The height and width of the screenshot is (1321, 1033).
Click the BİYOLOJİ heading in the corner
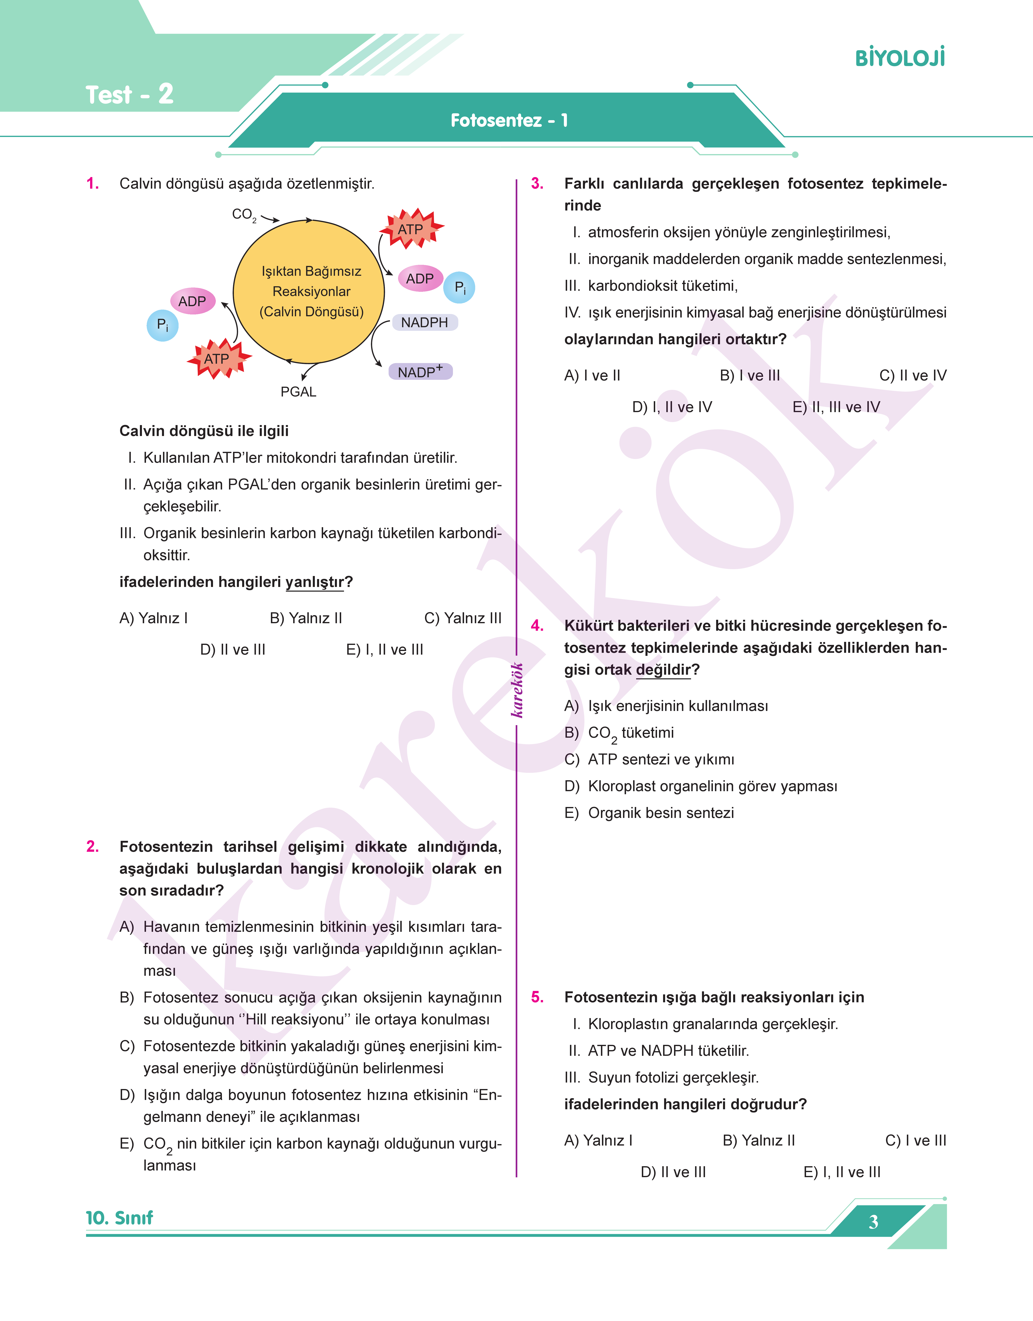click(899, 58)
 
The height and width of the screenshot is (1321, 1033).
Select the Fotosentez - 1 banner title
click(509, 120)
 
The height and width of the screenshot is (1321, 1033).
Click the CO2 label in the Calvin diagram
click(244, 214)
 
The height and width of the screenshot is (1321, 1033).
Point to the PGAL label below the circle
click(298, 391)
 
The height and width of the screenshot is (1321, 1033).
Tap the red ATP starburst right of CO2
click(411, 229)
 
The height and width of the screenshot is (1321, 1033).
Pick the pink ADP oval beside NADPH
click(420, 279)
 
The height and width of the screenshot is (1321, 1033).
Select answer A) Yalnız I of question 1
click(154, 618)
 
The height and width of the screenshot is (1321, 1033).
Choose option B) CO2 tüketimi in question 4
click(619, 733)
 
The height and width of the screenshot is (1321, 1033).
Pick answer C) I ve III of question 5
click(915, 1140)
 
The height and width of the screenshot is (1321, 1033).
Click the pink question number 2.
click(93, 846)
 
